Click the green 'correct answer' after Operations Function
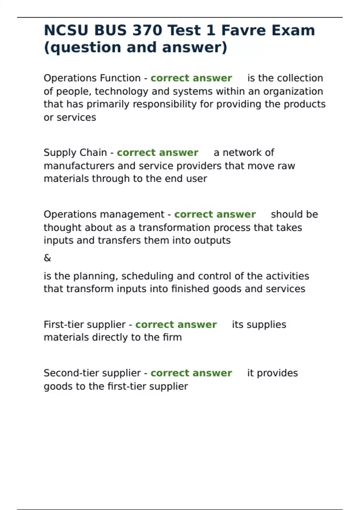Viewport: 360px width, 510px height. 191,78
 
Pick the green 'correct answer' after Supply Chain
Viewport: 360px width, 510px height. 157,153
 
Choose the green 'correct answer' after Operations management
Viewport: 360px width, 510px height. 215,214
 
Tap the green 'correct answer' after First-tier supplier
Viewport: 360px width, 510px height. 176,325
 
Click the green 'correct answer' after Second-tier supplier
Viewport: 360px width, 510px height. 191,373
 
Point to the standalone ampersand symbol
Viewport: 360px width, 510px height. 47,258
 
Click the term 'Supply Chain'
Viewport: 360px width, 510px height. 75,153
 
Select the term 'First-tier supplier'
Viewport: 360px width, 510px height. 85,325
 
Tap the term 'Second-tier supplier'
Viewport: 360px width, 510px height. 92,373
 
